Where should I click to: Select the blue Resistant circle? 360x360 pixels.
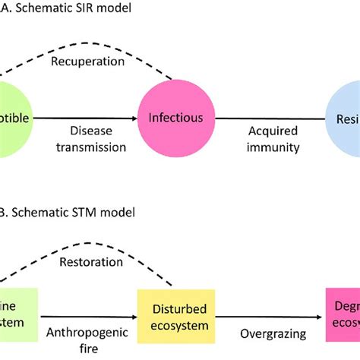pyautogui.click(x=345, y=118)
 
